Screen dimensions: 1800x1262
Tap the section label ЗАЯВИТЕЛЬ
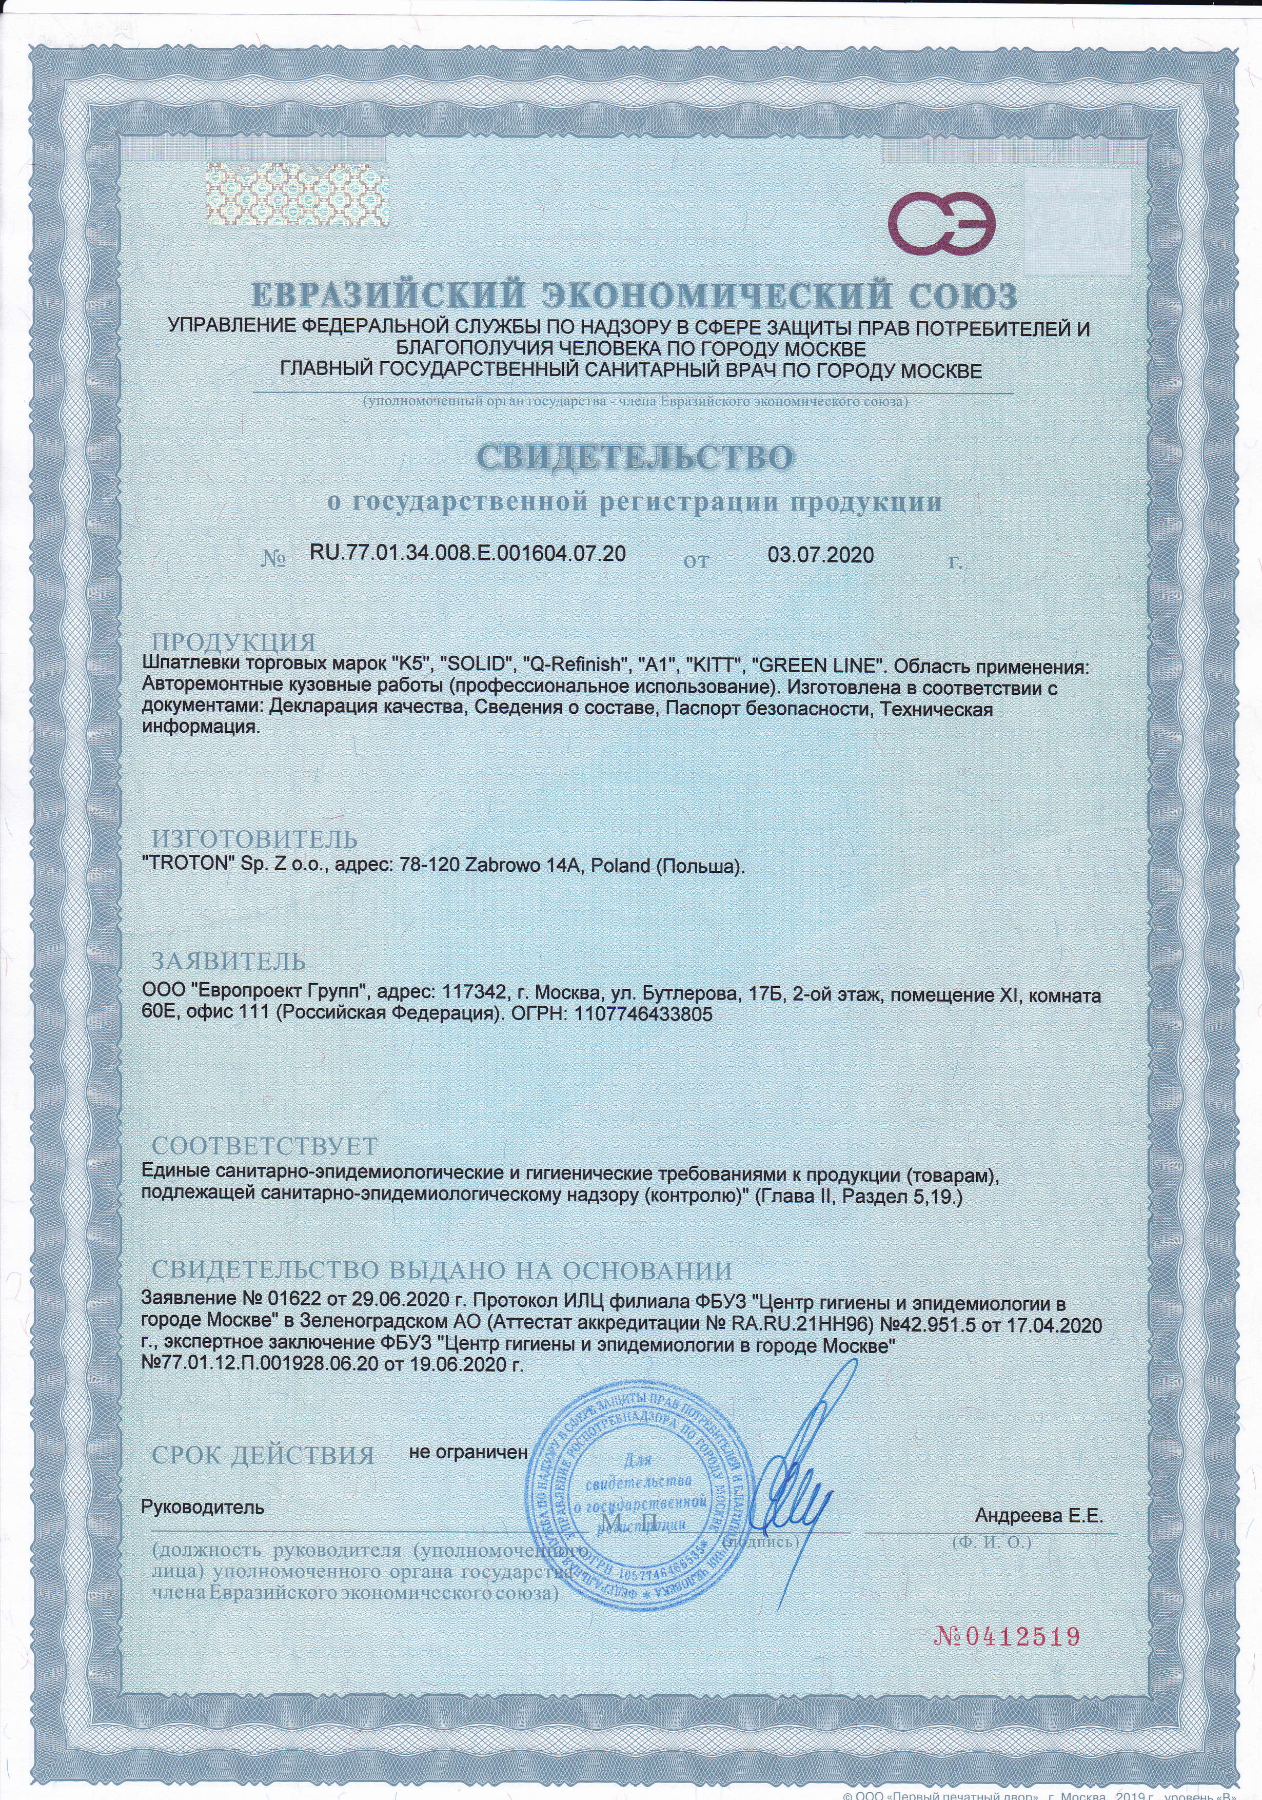[x=228, y=961]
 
